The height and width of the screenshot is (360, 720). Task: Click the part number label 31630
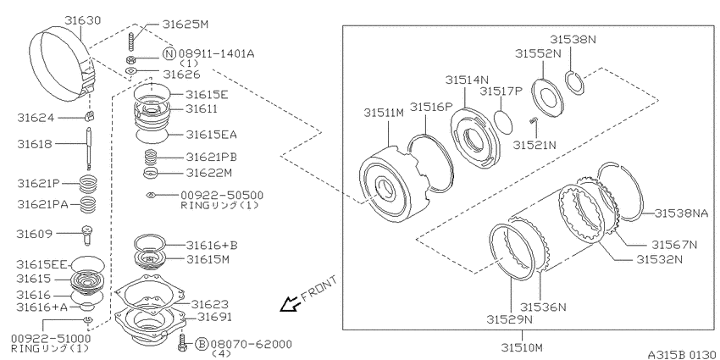click(83, 20)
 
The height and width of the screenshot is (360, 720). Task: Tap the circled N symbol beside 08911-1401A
click(169, 53)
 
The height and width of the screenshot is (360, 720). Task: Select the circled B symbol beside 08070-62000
click(202, 343)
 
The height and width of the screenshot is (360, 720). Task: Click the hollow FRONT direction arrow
click(291, 304)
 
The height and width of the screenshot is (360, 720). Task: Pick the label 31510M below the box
click(522, 346)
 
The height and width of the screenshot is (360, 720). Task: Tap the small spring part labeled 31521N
click(533, 120)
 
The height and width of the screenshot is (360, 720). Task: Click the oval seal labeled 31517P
click(504, 119)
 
